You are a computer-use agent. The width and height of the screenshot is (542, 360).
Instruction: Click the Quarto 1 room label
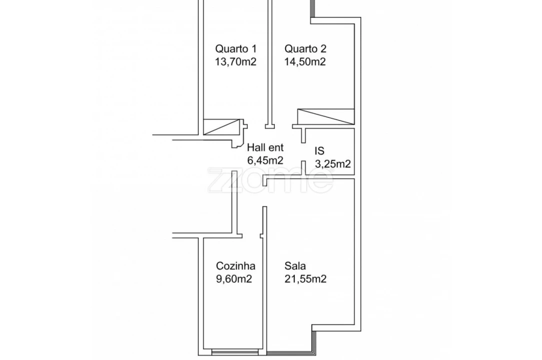236,49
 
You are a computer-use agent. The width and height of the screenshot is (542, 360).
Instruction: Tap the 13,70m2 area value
236,62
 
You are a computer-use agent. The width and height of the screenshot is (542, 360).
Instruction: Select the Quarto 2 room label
305,49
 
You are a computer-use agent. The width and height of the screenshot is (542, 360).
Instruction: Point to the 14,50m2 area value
305,62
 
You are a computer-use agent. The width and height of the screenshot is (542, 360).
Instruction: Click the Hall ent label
265,147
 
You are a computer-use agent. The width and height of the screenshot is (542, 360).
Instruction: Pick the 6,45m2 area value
265,160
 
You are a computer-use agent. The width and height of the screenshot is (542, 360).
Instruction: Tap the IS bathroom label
320,150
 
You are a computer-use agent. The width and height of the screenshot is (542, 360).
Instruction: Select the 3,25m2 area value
332,163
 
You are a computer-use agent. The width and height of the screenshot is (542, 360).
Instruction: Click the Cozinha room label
236,266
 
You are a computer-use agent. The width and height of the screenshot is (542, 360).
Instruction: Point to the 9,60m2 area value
234,279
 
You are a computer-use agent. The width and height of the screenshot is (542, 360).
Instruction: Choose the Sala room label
295,266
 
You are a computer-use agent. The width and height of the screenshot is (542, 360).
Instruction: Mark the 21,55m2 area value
305,279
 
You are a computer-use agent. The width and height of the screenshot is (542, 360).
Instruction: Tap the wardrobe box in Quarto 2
325,116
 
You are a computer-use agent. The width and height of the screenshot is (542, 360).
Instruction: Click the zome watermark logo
270,180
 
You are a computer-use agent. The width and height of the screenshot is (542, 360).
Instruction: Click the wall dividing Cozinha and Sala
264,290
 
